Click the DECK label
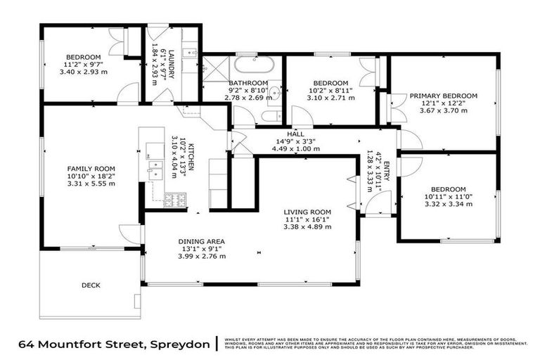click(91, 285)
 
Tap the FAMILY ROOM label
click(91, 169)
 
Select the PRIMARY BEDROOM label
click(444, 96)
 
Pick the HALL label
click(295, 134)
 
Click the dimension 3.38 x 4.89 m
click(307, 226)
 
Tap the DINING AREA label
click(201, 241)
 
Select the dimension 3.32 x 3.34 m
click(447, 204)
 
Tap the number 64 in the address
click(25, 344)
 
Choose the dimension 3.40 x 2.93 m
click(84, 72)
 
